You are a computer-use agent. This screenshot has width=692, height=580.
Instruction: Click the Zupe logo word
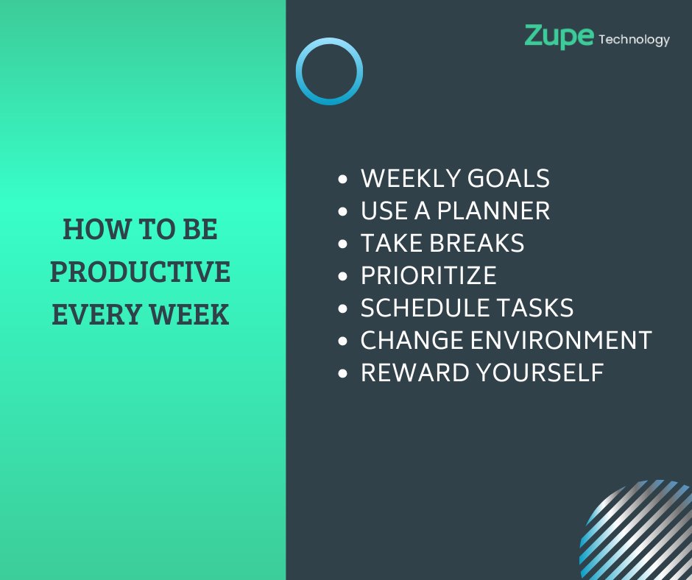point(558,36)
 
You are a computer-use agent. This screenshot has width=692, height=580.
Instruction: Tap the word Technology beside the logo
point(634,40)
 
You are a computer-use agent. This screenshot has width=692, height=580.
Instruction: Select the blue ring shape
point(329,71)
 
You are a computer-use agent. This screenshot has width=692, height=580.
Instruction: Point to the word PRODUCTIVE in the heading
point(140,272)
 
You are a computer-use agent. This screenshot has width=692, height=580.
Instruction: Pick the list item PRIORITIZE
point(428,276)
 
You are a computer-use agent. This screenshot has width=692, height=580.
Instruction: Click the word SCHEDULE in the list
point(424,308)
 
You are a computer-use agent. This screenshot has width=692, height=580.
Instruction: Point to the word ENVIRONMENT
point(561,341)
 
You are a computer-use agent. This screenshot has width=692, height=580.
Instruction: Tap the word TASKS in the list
point(534,308)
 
